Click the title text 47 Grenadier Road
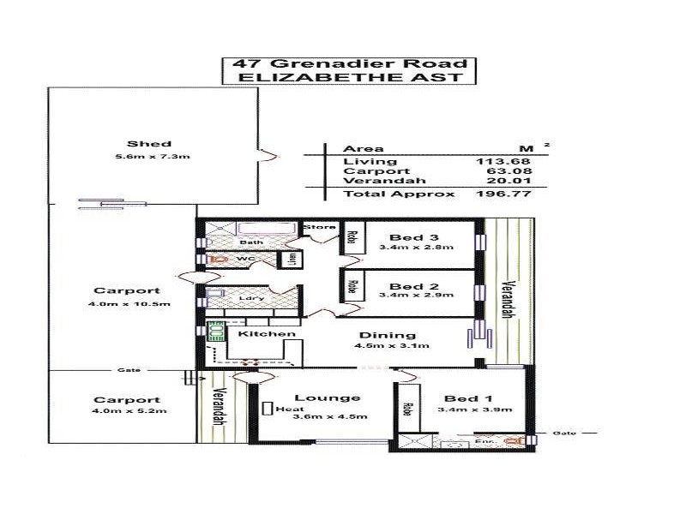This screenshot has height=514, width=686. [346, 63]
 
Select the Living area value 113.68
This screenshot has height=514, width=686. [504, 161]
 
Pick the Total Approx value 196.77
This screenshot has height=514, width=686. [504, 194]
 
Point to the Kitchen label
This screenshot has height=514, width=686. [267, 333]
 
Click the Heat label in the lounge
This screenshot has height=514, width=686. [286, 409]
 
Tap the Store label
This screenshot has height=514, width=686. [319, 227]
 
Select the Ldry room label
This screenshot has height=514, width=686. [252, 297]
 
